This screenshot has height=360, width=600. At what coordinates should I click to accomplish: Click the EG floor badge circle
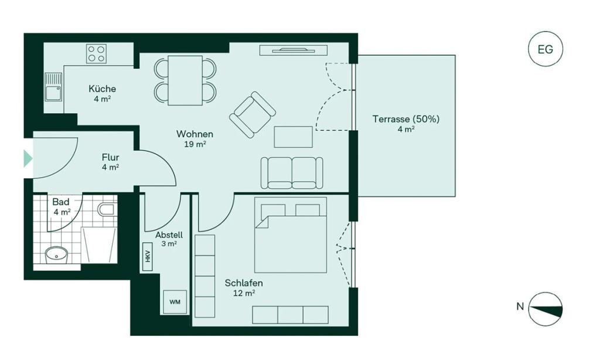point(545,50)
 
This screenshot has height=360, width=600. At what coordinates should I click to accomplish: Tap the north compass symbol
point(545,308)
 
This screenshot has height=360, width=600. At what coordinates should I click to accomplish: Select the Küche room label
point(103,89)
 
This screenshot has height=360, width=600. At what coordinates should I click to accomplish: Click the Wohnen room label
point(195,134)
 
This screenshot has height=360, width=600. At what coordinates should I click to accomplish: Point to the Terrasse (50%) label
point(405,119)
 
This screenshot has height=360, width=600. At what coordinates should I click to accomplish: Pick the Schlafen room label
point(244,283)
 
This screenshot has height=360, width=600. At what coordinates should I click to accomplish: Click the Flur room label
point(110,157)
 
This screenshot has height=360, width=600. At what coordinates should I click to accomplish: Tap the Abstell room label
point(169,235)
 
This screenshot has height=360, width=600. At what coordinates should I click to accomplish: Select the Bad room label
point(61,202)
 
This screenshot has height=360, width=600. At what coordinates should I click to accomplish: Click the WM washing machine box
point(175,302)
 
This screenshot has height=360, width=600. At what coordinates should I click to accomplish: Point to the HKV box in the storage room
point(148,257)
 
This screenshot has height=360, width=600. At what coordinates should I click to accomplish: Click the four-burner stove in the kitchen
point(96,54)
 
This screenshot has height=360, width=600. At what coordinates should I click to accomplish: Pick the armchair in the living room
point(253,114)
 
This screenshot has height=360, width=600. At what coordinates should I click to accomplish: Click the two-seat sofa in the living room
point(291,172)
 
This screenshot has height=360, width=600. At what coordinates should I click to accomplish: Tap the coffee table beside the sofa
point(293,137)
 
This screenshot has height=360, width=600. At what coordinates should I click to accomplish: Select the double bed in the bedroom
point(291,235)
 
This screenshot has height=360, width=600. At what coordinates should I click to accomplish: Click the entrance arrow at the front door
point(28,158)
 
